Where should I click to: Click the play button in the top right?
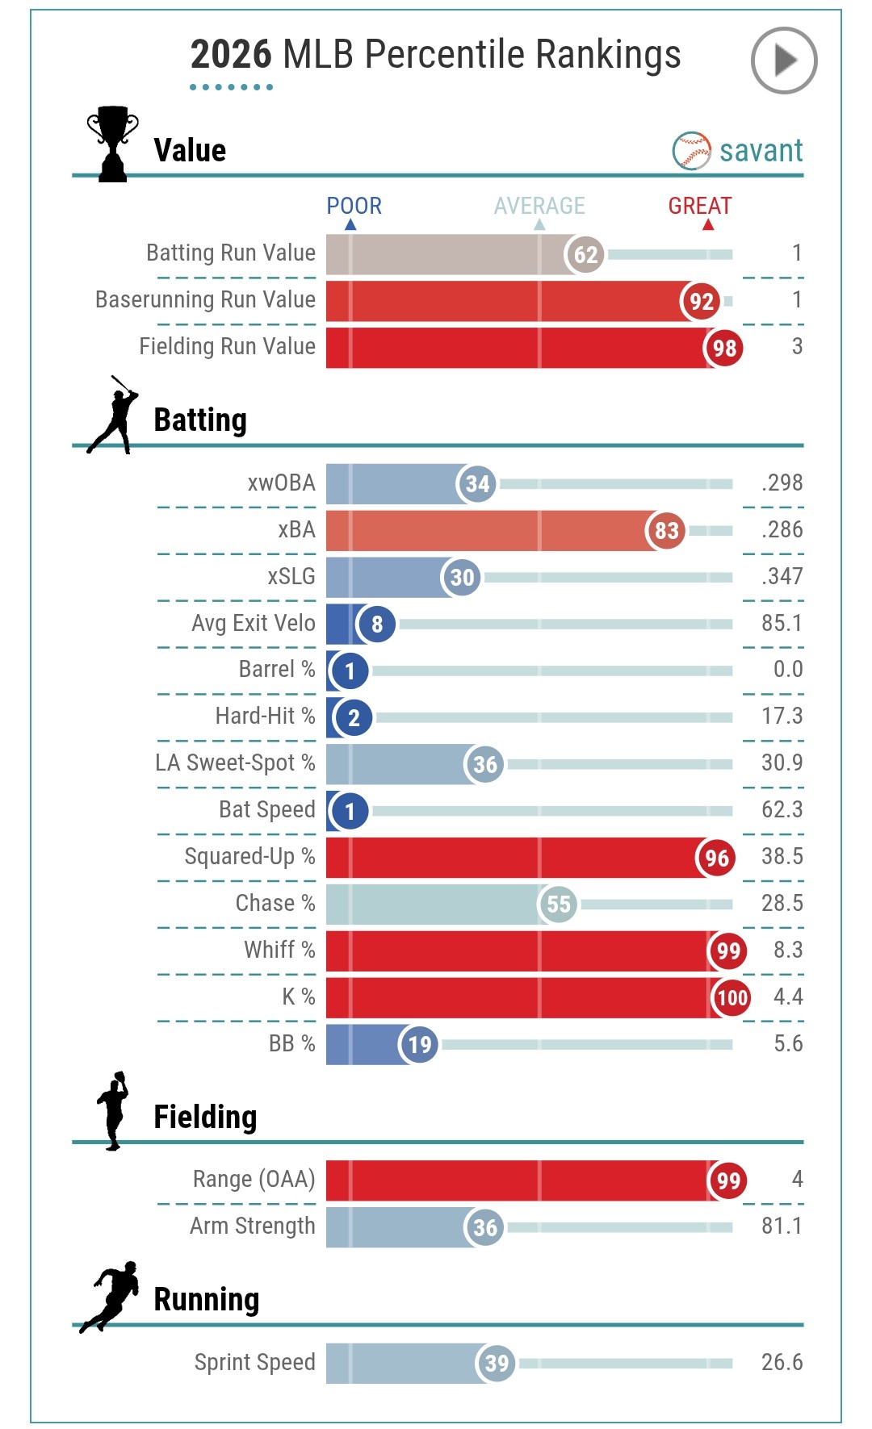click(783, 61)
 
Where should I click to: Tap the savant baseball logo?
click(691, 151)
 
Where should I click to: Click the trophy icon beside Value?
click(112, 144)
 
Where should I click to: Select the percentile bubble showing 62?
click(585, 255)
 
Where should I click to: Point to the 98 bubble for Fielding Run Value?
click(723, 349)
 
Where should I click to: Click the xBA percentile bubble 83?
click(666, 531)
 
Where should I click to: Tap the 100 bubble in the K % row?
click(732, 998)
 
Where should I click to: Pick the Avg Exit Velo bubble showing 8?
click(376, 625)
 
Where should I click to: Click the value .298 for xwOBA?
click(782, 483)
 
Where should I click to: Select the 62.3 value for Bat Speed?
click(782, 810)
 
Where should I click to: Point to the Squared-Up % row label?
click(249, 857)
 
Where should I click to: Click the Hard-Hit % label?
click(265, 717)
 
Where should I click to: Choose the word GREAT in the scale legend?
click(699, 207)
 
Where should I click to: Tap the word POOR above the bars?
click(354, 207)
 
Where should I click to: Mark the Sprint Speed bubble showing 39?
click(496, 1364)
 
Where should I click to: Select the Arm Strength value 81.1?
click(782, 1226)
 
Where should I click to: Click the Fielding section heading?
click(205, 1118)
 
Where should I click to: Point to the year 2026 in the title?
click(231, 55)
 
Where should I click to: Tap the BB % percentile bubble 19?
click(419, 1045)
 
